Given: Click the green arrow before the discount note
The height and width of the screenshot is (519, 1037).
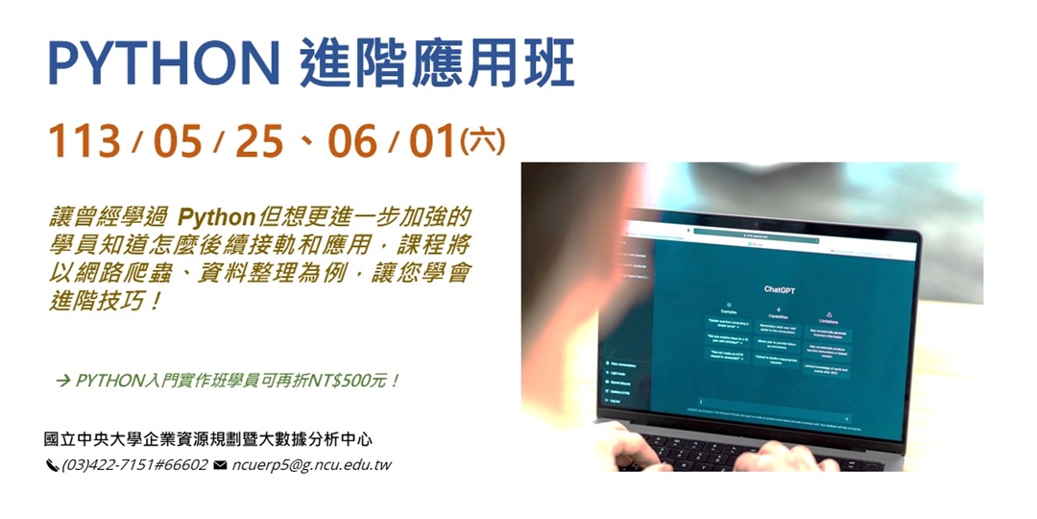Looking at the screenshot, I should (x=63, y=382).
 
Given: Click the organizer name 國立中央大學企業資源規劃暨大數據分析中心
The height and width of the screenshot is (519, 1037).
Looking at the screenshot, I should (x=207, y=439).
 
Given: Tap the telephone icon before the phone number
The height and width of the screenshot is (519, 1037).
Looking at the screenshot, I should (x=52, y=466).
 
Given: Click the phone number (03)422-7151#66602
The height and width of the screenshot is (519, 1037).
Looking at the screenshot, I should (x=134, y=465).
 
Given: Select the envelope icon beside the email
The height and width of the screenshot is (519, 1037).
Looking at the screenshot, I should (x=220, y=465).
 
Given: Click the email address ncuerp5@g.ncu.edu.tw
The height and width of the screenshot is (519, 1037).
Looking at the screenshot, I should (x=311, y=465).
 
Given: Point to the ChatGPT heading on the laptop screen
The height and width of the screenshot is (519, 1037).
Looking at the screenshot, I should (x=781, y=288).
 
